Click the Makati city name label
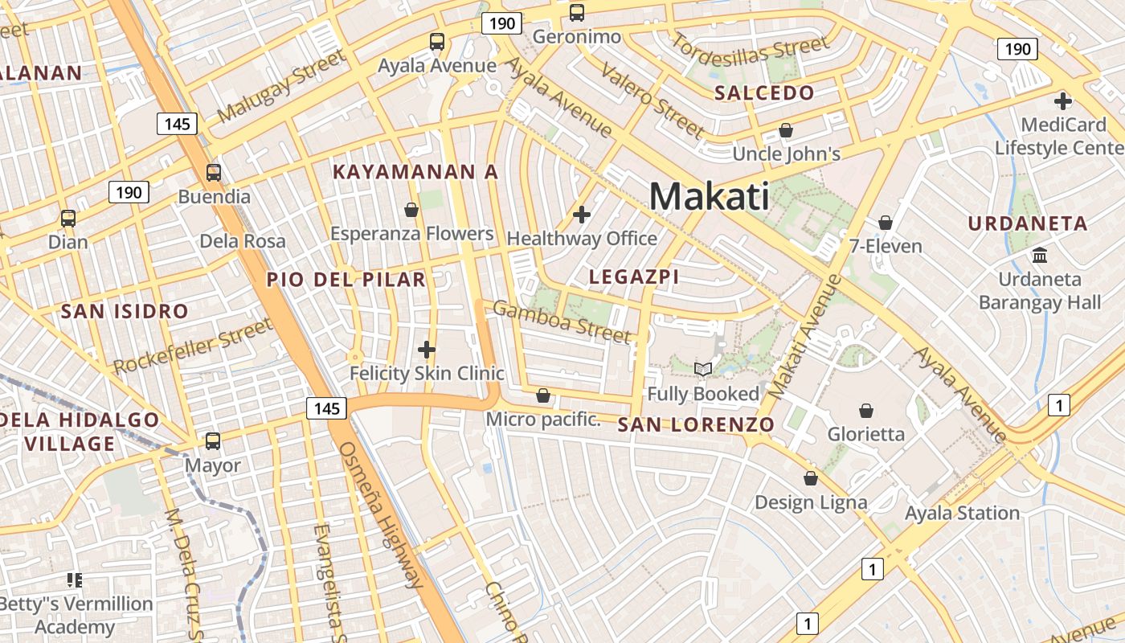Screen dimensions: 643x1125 point(709,196)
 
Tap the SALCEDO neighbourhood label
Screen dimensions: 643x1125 point(764,92)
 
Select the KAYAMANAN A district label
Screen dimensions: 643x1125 point(415,172)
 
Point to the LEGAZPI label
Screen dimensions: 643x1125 point(634,277)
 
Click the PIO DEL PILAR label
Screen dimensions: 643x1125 point(346,280)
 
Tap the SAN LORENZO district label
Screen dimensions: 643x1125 point(696,425)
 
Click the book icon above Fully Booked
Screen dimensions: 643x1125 point(703,369)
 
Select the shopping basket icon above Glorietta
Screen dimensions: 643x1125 point(866,411)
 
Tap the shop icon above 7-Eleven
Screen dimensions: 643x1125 point(886,222)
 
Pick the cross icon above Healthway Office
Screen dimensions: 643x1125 point(582,215)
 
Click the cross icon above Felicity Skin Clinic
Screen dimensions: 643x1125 point(427,350)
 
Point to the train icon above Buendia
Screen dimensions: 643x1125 point(214,173)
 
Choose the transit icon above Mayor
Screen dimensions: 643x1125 point(213,441)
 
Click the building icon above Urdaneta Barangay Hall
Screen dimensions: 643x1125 point(1040,256)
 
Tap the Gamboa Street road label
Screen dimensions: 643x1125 point(562,321)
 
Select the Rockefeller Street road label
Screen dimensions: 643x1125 point(193,346)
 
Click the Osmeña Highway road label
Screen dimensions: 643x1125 point(380,514)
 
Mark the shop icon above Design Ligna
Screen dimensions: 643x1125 point(810,478)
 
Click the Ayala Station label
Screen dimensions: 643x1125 point(962,513)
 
